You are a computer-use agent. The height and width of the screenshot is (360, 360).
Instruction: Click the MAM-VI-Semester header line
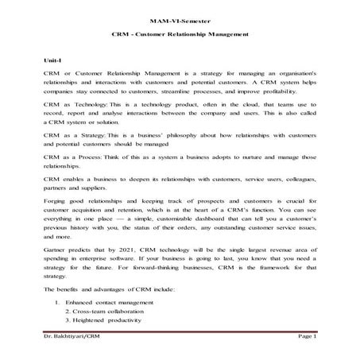pyautogui.click(x=179, y=18)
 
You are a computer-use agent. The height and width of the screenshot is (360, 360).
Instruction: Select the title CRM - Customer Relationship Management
pyautogui.click(x=179, y=34)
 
